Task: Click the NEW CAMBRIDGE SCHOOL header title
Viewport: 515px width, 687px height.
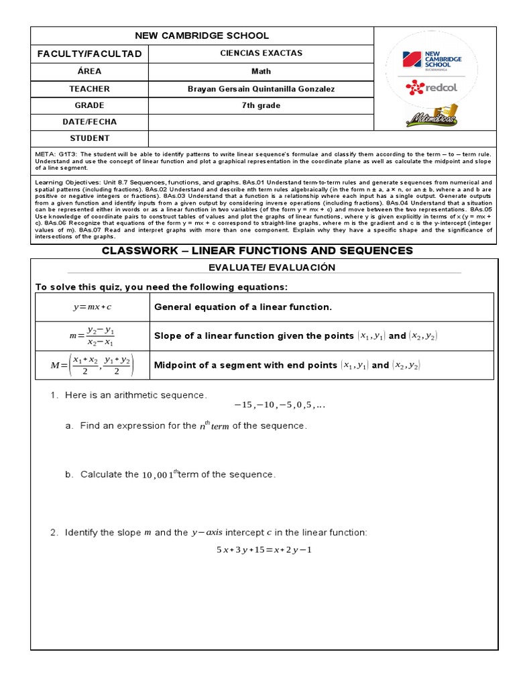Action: [x=202, y=36]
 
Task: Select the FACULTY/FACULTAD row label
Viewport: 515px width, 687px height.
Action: [x=89, y=54]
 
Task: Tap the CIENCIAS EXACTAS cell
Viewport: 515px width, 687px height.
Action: [x=261, y=53]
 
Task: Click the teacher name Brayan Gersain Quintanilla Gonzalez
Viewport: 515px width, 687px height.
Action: [x=261, y=89]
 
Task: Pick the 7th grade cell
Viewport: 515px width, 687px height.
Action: [x=261, y=105]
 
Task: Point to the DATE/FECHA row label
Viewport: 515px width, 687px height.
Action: [x=89, y=122]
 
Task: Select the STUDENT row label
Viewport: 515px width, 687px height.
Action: [x=89, y=138]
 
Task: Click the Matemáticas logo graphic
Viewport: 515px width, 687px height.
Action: [x=432, y=116]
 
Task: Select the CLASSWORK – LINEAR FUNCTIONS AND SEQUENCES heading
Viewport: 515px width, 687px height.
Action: [x=266, y=251]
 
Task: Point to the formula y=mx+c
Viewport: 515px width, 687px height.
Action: [x=92, y=307]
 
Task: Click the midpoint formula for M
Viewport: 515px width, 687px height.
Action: [x=92, y=366]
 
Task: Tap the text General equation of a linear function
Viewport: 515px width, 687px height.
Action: [x=243, y=307]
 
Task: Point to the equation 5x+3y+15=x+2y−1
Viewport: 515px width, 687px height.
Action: [x=264, y=550]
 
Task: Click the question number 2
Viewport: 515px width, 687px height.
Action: [x=54, y=533]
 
